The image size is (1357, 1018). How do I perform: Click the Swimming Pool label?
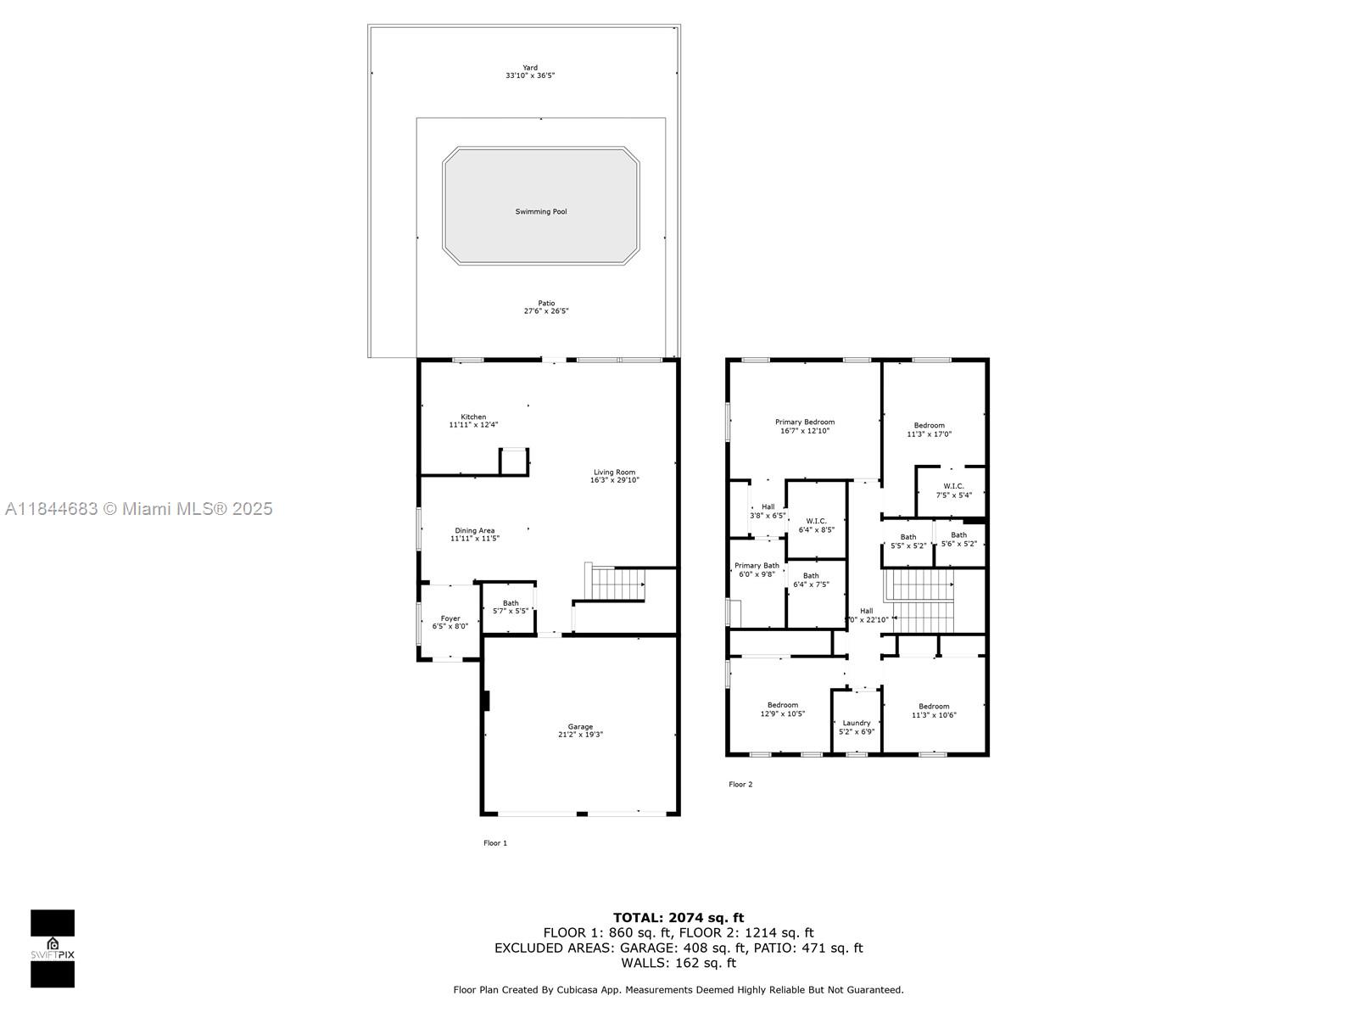(x=541, y=211)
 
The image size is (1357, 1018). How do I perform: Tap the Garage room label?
(x=580, y=727)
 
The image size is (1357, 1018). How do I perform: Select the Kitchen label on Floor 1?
(x=473, y=417)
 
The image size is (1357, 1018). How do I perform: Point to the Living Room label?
(x=614, y=473)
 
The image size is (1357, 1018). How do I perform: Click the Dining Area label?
(x=474, y=531)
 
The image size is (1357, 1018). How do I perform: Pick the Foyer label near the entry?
(x=450, y=618)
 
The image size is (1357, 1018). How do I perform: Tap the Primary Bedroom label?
(x=804, y=422)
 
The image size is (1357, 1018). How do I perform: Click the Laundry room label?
(x=856, y=723)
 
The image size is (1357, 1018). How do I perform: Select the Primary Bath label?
(x=757, y=566)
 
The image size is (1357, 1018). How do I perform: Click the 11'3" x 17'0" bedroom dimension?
(x=929, y=434)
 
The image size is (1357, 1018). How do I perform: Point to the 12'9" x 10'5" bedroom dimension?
(x=782, y=714)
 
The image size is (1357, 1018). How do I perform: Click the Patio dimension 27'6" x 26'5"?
(x=545, y=311)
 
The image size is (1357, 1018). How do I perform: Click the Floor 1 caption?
(x=494, y=842)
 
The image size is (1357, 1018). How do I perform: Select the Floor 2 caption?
(x=740, y=784)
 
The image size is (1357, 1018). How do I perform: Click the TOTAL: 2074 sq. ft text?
(x=678, y=917)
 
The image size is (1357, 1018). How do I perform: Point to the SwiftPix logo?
(x=53, y=948)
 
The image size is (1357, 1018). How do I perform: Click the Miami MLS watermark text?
(x=139, y=509)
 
